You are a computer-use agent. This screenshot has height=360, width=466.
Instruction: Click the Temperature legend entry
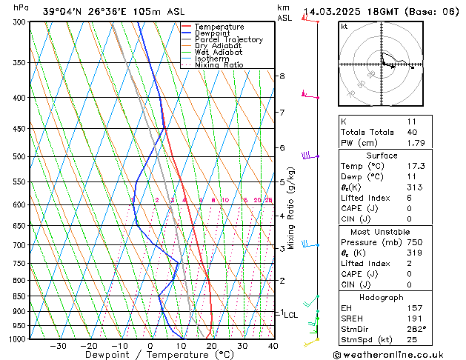219,27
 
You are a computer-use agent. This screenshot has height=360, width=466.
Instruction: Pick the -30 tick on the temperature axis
58,346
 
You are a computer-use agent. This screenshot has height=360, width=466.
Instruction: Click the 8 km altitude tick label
282,76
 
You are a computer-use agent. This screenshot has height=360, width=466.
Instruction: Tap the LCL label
290,315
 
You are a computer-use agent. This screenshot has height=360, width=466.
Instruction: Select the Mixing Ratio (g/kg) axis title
291,208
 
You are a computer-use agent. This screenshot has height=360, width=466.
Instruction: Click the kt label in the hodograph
344,27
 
